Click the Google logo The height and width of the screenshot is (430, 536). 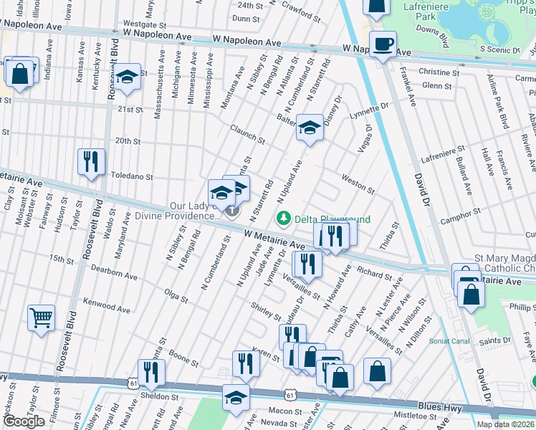click(24, 421)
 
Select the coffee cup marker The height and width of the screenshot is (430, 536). click(383, 44)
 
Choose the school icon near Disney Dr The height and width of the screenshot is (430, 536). click(310, 128)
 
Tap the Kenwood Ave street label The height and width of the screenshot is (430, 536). click(107, 307)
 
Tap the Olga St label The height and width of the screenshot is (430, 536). click(176, 295)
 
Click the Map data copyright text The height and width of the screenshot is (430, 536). click(506, 424)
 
